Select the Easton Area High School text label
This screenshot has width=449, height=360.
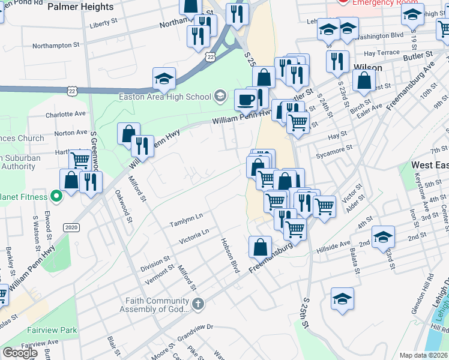[165, 97]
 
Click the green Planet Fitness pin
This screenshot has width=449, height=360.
[56, 196]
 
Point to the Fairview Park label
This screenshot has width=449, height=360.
[52, 330]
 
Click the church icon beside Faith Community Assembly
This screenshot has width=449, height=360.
[199, 305]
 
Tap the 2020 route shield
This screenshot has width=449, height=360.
[71, 227]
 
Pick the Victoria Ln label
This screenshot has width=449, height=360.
[193, 236]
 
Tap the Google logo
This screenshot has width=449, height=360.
[20, 353]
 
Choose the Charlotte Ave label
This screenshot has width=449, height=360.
[66, 113]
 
